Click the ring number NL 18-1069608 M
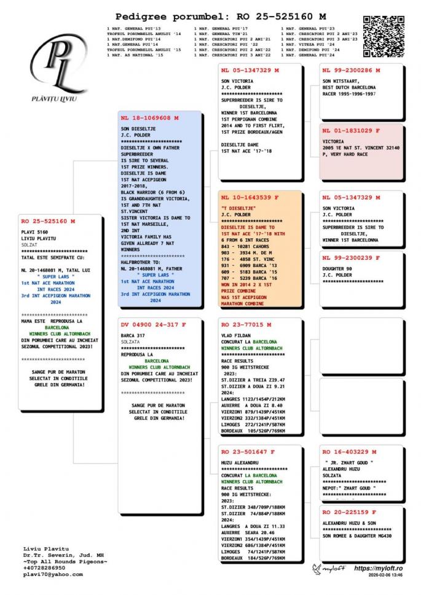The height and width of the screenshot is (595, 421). [149, 117]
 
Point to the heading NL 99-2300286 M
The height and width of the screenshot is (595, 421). [351, 71]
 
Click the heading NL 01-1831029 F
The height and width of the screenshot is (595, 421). [351, 131]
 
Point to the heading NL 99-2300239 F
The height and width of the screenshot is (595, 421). [351, 257]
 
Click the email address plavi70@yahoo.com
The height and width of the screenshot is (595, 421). [52, 574]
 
